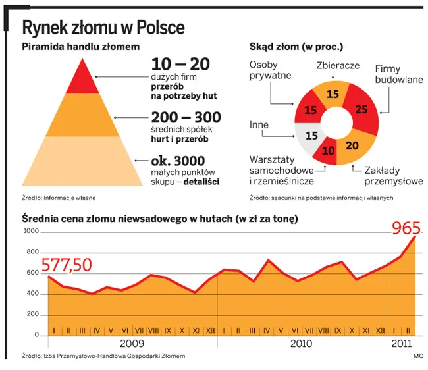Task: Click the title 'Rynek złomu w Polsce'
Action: pos(103,28)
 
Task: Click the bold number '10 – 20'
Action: pos(180,65)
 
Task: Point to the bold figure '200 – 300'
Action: pos(186,118)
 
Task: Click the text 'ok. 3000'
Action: pos(178,161)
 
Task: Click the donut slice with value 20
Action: pos(352,145)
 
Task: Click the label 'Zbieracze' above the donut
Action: pos(337,66)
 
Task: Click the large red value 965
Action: pos(406,228)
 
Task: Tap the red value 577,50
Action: pos(67,264)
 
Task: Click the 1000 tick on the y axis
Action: pos(32,231)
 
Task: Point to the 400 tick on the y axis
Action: pos(34,294)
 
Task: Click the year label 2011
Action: pos(400,344)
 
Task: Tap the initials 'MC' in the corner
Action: pos(417,356)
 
